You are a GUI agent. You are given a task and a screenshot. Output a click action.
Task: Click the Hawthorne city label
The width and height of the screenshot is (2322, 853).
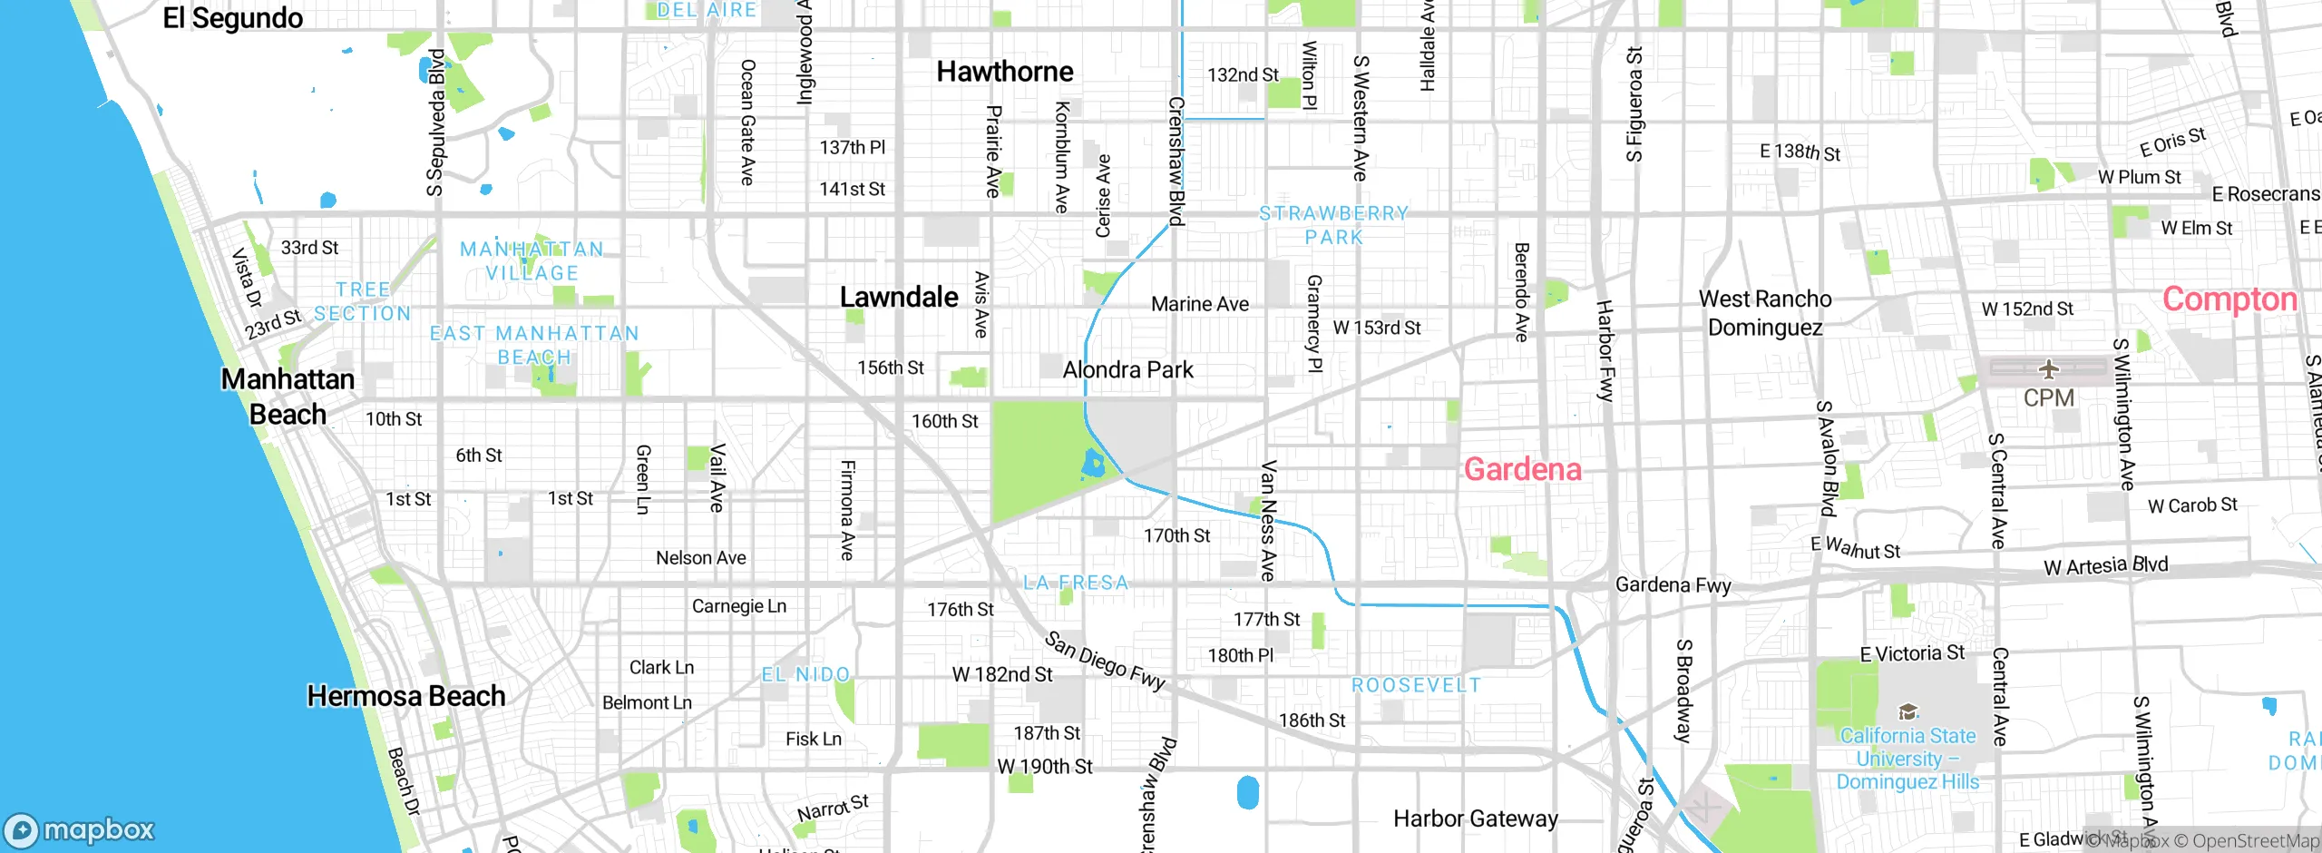point(1004,72)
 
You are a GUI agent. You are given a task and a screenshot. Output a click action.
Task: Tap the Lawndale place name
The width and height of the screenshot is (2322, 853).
point(898,297)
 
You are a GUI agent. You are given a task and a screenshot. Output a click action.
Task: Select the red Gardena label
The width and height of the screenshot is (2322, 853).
point(1522,469)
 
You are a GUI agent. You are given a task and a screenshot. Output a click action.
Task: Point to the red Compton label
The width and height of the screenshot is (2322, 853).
point(2229,299)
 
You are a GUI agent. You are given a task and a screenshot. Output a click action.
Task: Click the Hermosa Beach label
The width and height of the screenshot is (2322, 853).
point(405,696)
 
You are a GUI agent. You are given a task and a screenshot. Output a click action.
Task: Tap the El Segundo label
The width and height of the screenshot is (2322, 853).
point(232,18)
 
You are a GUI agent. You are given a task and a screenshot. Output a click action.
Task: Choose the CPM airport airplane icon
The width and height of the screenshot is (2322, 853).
point(2048,369)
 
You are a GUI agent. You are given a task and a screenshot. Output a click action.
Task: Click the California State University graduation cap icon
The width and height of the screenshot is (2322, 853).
point(1907,711)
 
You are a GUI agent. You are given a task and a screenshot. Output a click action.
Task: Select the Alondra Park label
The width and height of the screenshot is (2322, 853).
point(1127,370)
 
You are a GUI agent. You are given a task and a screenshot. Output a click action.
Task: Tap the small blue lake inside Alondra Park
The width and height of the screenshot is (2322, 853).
point(1093,466)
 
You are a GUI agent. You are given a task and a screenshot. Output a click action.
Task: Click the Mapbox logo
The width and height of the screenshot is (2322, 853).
point(80,829)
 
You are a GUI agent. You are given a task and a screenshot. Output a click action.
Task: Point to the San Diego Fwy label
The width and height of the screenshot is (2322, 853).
point(1104,661)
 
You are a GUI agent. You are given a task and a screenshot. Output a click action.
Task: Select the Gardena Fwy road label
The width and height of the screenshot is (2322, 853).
point(1673,585)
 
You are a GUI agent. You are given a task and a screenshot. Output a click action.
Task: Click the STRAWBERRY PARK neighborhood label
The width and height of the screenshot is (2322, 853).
point(1333,225)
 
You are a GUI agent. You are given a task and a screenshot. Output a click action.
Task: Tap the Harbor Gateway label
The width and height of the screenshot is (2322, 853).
point(1475,819)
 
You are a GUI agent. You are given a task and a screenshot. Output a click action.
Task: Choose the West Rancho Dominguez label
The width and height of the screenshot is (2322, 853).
point(1764,313)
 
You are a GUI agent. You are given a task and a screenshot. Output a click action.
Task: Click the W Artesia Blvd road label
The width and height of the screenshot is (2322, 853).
point(2105,566)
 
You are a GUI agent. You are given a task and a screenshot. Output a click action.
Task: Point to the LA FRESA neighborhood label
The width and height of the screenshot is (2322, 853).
point(1076,583)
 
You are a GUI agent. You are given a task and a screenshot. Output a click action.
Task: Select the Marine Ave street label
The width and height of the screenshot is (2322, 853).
point(1199,305)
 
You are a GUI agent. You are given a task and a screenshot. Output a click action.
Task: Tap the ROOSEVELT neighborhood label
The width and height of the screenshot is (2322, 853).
point(1416,685)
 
